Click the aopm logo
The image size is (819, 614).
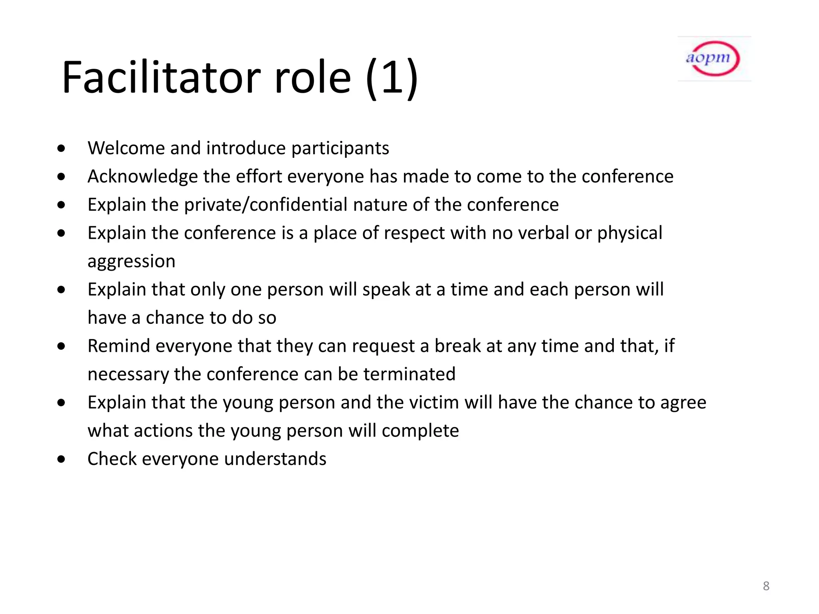point(714,59)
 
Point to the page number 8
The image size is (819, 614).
point(766,586)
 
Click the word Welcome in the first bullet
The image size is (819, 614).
point(126,148)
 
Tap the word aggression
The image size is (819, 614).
point(131,261)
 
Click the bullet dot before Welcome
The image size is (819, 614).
point(61,149)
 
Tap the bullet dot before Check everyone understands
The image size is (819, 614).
point(61,459)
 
